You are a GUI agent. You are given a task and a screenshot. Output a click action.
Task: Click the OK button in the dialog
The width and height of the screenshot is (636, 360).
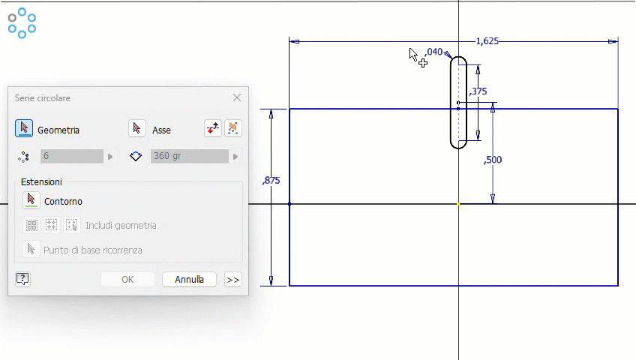tap(127, 279)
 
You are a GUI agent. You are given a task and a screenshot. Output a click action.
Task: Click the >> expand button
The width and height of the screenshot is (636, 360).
tap(232, 279)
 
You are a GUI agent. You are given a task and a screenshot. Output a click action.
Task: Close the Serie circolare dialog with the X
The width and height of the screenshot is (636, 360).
tap(237, 97)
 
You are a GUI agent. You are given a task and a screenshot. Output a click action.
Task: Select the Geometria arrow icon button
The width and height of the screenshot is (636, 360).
tap(24, 129)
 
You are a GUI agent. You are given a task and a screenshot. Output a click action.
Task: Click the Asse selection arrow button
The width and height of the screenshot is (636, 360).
tap(136, 129)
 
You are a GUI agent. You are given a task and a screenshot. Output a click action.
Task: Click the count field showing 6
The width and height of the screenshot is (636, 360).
tap(72, 156)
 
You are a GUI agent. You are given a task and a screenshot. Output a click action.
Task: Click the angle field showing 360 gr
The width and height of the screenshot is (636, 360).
tap(189, 156)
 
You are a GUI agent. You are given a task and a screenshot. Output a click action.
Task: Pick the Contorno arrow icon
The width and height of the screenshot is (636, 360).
tap(31, 200)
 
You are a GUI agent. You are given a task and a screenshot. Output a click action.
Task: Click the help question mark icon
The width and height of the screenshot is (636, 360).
tap(22, 279)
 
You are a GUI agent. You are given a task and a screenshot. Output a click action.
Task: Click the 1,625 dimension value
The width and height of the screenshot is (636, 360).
tap(487, 41)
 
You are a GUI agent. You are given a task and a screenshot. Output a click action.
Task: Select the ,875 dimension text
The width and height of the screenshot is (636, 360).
tap(271, 181)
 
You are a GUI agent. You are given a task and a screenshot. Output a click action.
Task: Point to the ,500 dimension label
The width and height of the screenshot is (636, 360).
tap(493, 160)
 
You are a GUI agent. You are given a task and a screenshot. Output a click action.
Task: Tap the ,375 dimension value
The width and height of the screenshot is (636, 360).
tap(478, 91)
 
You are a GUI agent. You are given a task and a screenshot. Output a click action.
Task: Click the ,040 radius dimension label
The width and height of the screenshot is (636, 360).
tap(433, 52)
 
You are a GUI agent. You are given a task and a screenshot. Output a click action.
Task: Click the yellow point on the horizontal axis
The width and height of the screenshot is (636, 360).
tap(458, 204)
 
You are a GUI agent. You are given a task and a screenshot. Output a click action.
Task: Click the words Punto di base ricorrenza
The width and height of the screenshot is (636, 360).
tap(92, 250)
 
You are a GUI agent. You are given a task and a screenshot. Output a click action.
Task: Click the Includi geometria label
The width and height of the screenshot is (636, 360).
tap(121, 225)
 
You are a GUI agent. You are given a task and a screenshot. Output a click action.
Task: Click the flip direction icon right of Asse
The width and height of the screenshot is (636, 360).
tap(213, 129)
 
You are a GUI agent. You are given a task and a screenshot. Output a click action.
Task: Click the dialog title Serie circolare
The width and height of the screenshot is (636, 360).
tap(43, 98)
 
